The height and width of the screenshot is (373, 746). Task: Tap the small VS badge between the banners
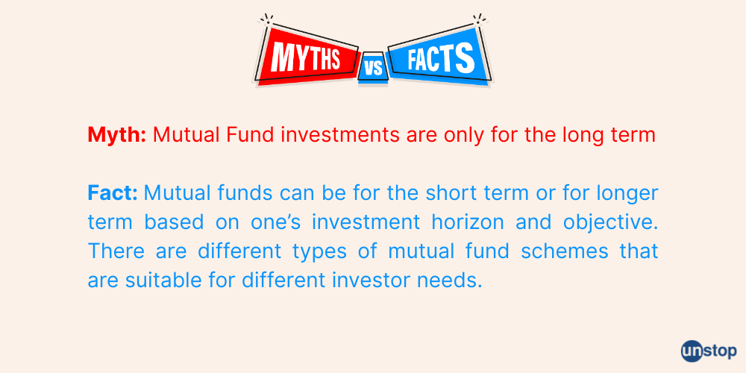click(x=373, y=69)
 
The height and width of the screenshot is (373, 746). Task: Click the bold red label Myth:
click(x=117, y=135)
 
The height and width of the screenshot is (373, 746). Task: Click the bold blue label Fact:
click(x=113, y=193)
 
